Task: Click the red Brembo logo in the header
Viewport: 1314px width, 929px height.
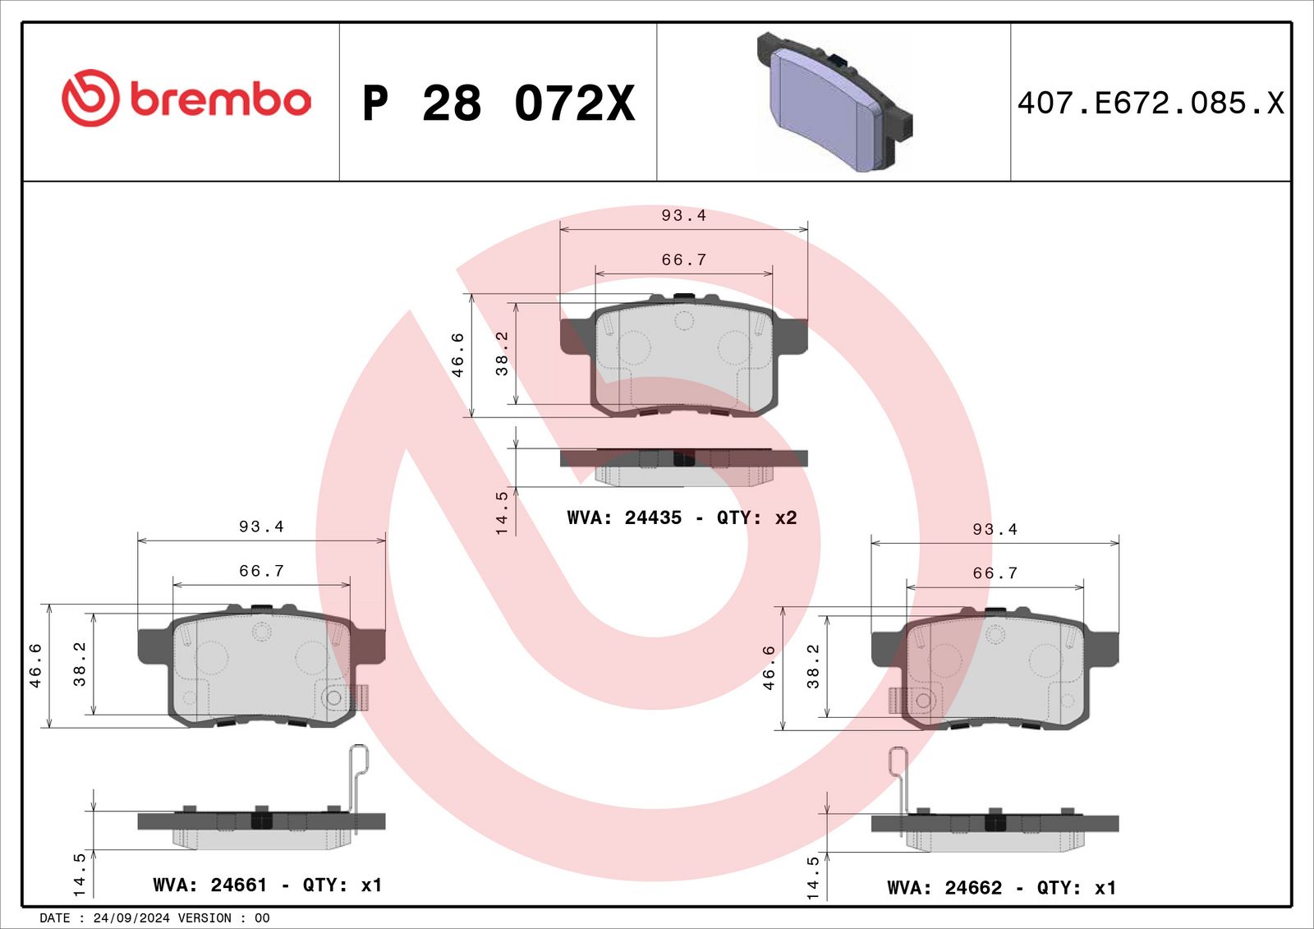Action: [x=186, y=98]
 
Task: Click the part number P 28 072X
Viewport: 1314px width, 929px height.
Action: [x=498, y=103]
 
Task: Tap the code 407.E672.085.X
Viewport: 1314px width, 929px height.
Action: [x=1151, y=103]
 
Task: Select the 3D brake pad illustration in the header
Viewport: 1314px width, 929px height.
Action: [x=834, y=102]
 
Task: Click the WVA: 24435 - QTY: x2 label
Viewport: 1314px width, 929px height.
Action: [x=682, y=517]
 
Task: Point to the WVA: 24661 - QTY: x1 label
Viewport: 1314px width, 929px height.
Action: [x=268, y=885]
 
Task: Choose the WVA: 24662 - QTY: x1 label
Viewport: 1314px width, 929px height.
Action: [x=1001, y=887]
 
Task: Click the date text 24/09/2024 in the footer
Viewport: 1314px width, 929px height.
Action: [x=131, y=918]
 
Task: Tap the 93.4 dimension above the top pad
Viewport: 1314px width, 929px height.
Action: [x=683, y=215]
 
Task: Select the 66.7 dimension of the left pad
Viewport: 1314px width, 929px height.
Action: [x=261, y=570]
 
